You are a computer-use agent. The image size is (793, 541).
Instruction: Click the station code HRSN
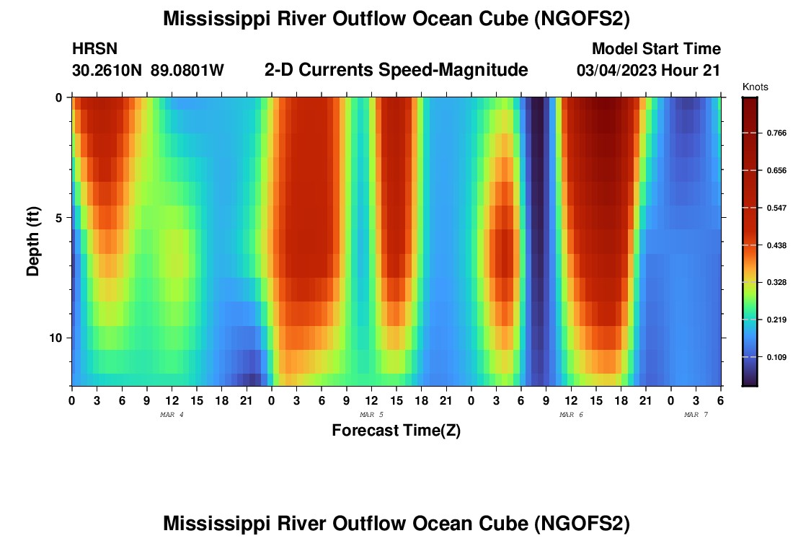[94, 49]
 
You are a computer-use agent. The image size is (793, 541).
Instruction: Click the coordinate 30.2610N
[107, 71]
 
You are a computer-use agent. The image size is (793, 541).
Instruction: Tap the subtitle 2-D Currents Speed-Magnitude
[396, 70]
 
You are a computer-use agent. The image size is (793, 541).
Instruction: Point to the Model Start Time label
[656, 49]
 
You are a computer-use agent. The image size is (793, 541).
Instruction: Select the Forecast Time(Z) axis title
[396, 431]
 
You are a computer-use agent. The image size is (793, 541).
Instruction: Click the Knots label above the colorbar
[755, 87]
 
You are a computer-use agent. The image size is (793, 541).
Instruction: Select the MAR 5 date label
[371, 415]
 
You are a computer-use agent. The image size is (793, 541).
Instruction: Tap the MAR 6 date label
[571, 415]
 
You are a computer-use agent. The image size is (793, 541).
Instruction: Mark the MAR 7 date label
[696, 415]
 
